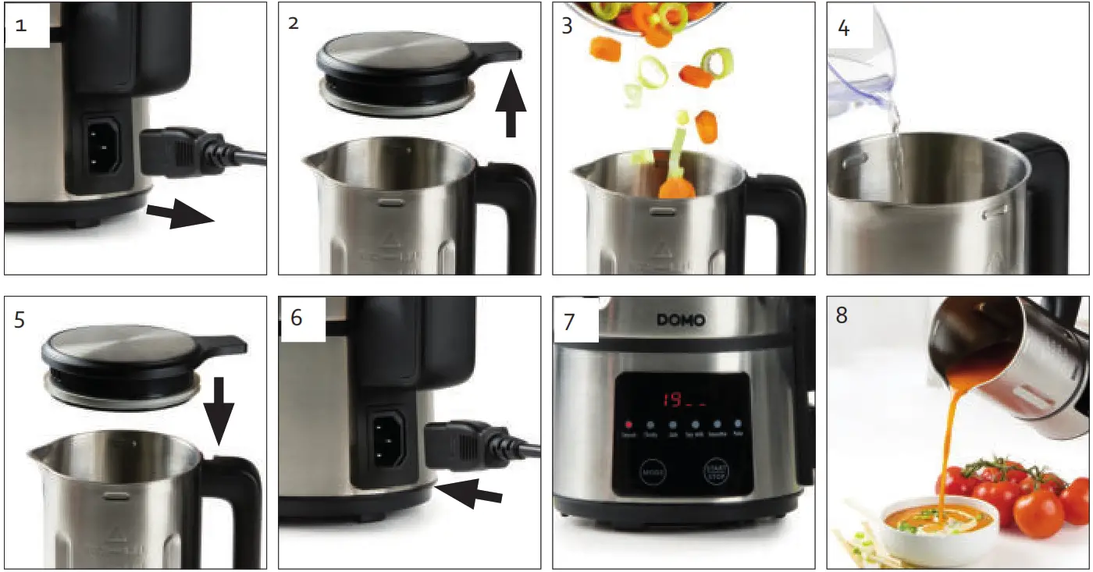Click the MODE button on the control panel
tap(651, 472)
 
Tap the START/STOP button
tap(714, 472)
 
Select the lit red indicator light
tap(628, 426)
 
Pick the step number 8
tap(841, 316)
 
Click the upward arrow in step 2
tap(511, 101)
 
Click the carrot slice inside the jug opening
tap(675, 187)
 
